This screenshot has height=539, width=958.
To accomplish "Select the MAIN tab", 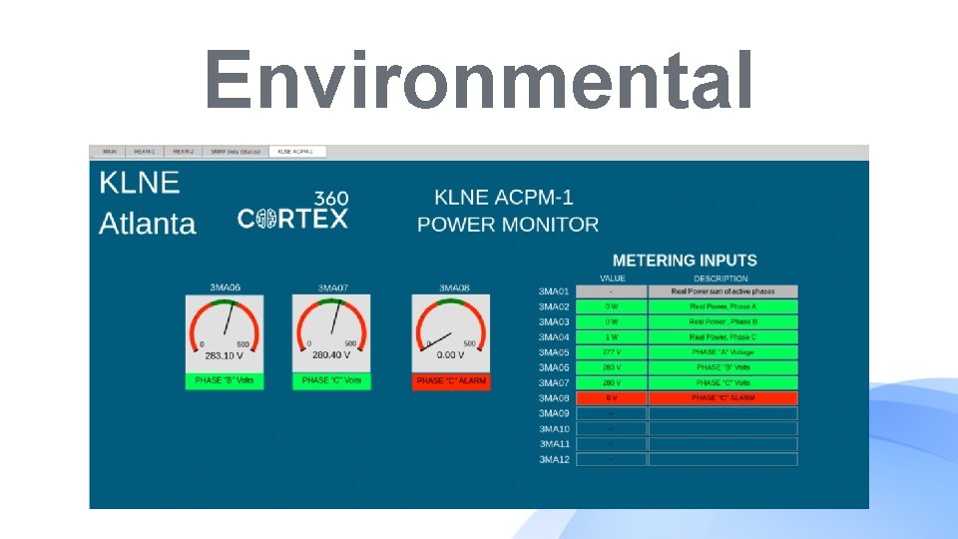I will pos(110,152).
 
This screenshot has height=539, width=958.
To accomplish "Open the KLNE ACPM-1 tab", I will pos(295,152).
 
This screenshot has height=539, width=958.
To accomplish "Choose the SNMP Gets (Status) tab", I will pos(236,152).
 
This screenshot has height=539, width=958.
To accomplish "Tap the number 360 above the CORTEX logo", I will pos(331,199).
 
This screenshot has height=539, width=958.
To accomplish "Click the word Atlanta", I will pos(148,223).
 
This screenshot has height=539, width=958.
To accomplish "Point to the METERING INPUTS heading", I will pos(685,261).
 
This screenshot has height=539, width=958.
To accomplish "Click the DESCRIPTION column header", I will pos(720,278).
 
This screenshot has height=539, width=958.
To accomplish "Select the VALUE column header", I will pos(612,278).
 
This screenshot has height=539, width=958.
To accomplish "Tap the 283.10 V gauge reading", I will pos(225,354).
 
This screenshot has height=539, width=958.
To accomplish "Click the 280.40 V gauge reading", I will pos(331,354).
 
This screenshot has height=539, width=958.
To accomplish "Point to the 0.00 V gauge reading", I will pos(451,354).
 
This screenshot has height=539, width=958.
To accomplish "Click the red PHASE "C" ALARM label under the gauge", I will pos(451,381).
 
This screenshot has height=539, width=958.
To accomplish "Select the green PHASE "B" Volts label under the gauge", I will pos(225,381).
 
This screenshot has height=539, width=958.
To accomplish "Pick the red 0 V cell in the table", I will pos(612,398).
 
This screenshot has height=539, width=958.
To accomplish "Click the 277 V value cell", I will pos(612,352).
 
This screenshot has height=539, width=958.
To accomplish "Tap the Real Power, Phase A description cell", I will pos(722,306).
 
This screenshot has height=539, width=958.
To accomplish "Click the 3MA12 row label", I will pos(554,459).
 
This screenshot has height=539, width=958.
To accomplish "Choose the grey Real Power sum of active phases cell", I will pos(722,291).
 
